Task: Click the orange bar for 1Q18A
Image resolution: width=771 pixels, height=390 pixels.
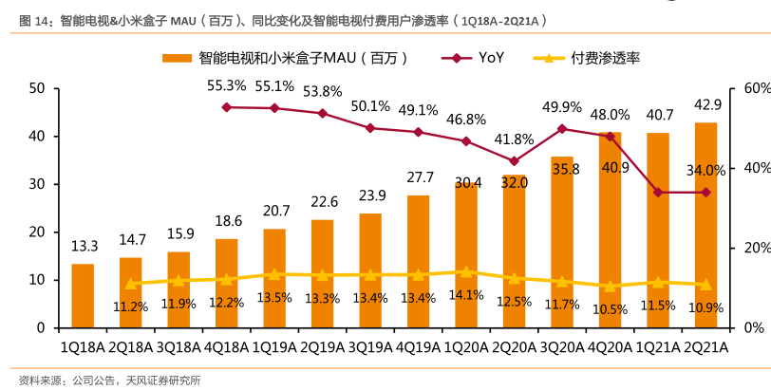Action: coord(83,295)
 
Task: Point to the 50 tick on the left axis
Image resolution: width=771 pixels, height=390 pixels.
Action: coord(38,88)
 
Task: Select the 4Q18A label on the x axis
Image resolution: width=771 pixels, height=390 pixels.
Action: coord(226,347)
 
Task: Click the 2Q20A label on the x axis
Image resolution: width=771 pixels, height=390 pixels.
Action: coord(514,347)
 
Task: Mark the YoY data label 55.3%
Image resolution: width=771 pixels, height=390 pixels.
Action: coord(226,85)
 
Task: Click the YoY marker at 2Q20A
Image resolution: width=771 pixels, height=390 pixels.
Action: coord(514,161)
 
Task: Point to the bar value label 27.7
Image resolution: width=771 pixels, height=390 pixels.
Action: coord(419,177)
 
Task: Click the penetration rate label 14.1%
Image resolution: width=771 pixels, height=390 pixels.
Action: coord(466,294)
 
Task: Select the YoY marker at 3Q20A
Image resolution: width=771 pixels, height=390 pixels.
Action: coord(562,128)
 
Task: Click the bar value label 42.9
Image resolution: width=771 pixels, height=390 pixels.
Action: coord(707,105)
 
